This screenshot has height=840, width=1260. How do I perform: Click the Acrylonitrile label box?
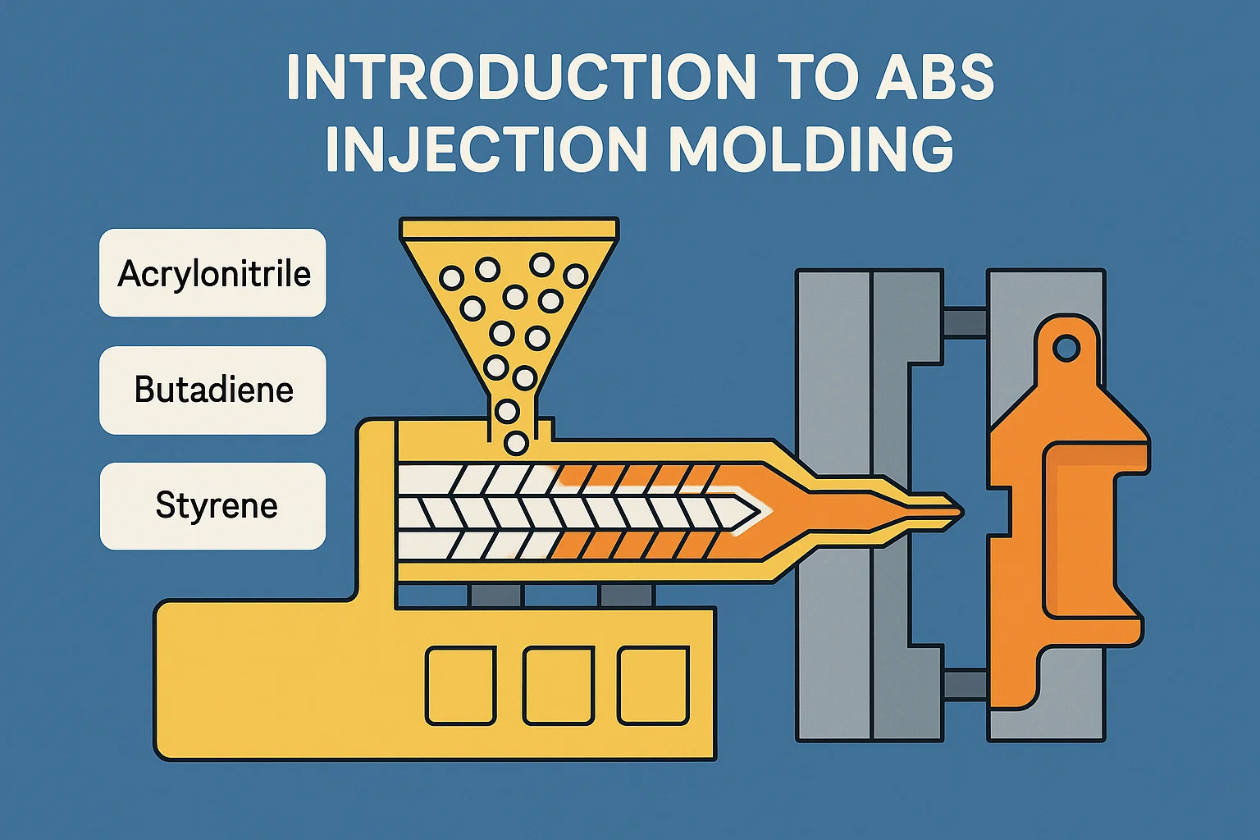pos(212,273)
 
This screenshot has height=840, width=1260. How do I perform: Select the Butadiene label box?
pos(212,390)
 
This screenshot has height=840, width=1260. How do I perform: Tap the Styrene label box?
pos(213,505)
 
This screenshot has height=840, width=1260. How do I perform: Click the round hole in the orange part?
pos(1066,349)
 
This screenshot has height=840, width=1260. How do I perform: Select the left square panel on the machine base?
pos(460,685)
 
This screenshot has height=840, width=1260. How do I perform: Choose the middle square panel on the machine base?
pos(558,685)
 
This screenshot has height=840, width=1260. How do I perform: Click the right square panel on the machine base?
pos(653,685)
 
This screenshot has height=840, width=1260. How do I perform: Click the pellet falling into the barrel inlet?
pos(515,443)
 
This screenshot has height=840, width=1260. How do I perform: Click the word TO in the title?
pos(809,78)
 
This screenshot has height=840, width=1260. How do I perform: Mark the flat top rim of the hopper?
pos(509,228)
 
